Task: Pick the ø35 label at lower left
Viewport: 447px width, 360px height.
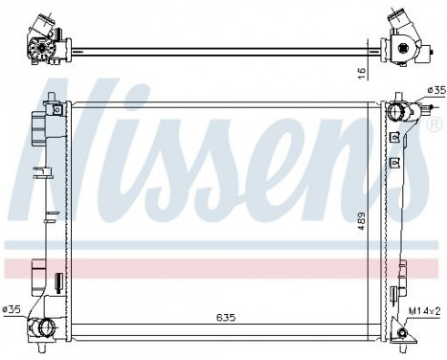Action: (x=11, y=308)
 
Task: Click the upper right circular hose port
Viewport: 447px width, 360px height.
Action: (x=396, y=113)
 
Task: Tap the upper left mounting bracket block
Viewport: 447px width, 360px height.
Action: (x=39, y=125)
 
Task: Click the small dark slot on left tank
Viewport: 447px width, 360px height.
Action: (x=58, y=281)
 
